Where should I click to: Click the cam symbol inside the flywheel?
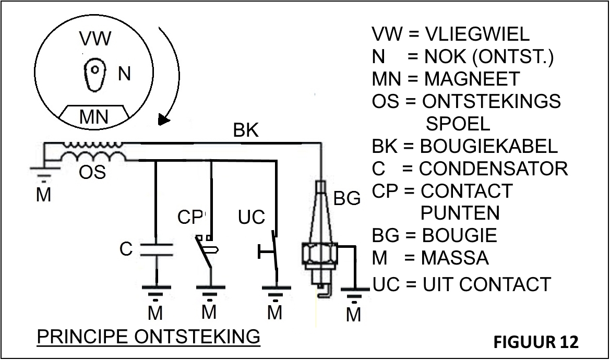pyautogui.click(x=95, y=73)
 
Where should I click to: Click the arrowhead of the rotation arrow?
pyautogui.click(x=164, y=121)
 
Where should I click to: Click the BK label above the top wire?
pyautogui.click(x=246, y=130)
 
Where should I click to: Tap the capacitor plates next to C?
pyautogui.click(x=157, y=249)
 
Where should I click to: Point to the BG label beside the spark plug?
pyautogui.click(x=347, y=199)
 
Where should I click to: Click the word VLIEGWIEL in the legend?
pyautogui.click(x=477, y=34)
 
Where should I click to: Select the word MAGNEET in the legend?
pyautogui.click(x=472, y=79)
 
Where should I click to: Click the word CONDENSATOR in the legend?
pyautogui.click(x=494, y=169)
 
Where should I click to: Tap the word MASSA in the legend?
pyautogui.click(x=456, y=258)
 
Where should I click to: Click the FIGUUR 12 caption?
pyautogui.click(x=536, y=342)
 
